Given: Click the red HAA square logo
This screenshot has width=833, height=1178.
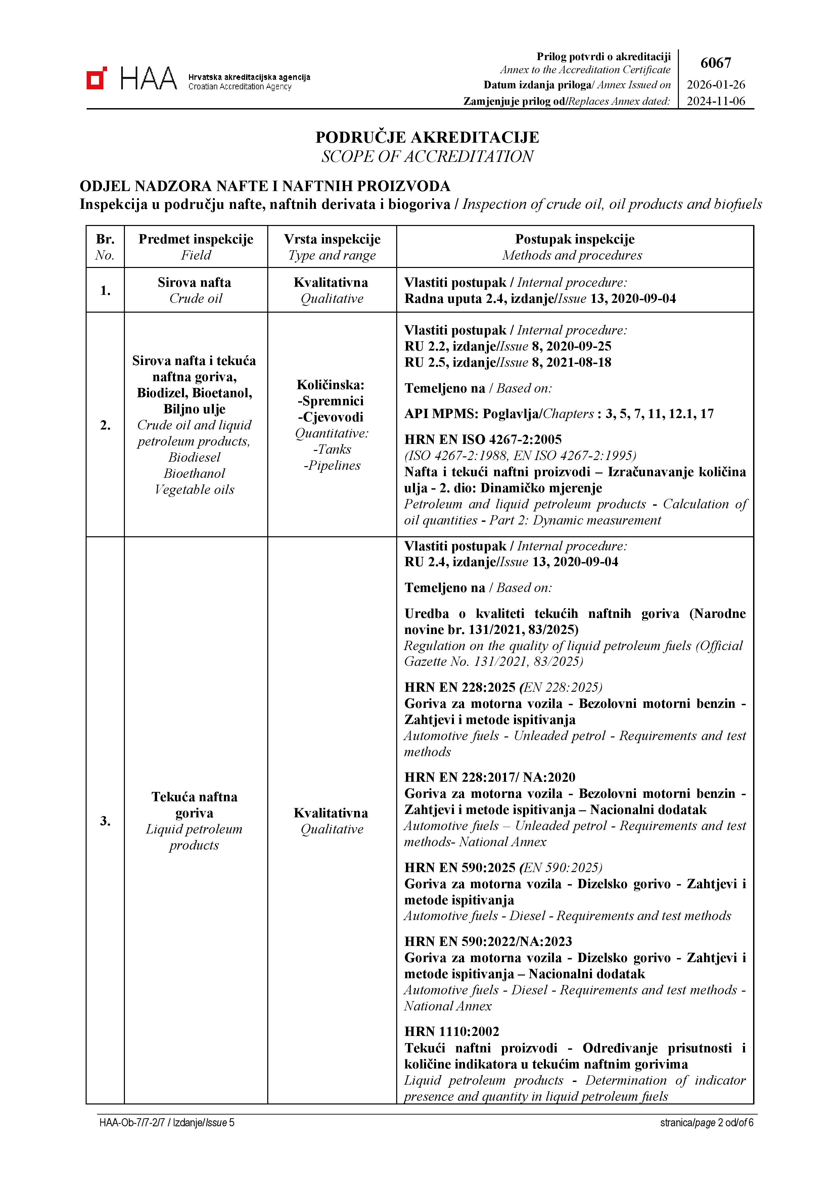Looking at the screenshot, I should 97,78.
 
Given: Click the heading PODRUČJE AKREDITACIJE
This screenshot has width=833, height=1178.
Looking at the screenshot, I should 427,137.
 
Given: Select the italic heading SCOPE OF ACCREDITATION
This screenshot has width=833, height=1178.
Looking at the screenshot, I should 427,156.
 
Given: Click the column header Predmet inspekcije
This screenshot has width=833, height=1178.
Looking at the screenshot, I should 196,239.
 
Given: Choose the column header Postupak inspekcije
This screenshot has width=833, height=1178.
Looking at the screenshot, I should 574,239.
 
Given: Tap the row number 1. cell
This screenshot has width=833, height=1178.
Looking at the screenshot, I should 105,290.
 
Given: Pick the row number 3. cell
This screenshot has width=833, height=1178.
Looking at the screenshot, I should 105,821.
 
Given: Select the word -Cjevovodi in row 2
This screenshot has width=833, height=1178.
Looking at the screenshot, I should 331,417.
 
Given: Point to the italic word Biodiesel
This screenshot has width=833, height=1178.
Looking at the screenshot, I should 194,457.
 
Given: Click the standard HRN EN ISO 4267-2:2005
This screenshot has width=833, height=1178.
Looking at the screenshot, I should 483,440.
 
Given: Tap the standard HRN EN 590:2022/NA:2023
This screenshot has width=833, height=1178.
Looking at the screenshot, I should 488,942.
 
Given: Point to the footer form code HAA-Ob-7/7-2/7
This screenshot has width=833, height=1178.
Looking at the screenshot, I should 132,1123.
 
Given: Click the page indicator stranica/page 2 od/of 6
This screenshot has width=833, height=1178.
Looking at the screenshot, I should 706,1123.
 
